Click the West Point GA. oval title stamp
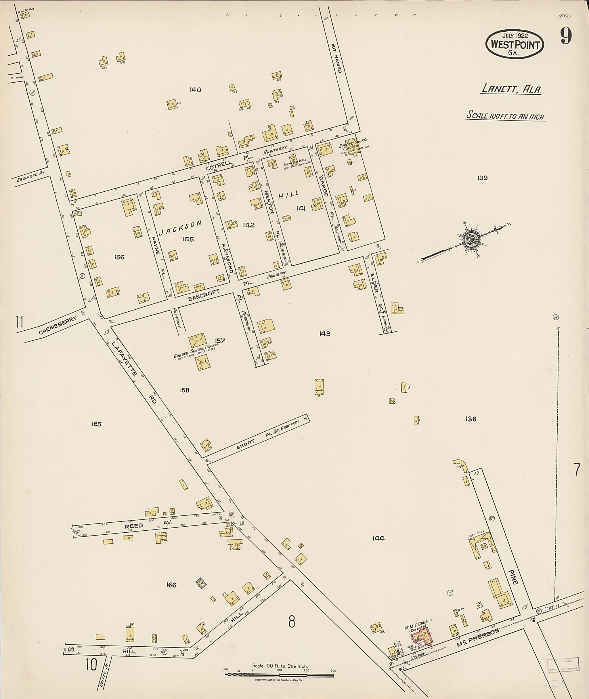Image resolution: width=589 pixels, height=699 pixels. tap(515, 44)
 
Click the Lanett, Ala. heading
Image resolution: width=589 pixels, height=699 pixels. tap(511, 89)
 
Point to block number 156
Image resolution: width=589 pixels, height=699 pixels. tap(119, 257)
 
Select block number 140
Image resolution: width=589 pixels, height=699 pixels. tap(195, 89)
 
